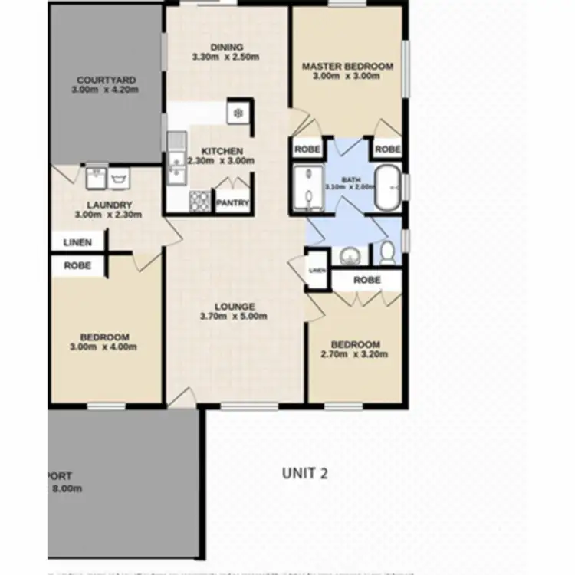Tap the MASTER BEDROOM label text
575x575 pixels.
[x=347, y=67]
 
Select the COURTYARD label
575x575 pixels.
[x=107, y=80]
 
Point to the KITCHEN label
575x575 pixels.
[x=222, y=151]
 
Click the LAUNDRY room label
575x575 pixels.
[x=110, y=205]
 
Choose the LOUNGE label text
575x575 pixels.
[x=235, y=307]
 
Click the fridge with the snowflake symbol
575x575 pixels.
[x=238, y=113]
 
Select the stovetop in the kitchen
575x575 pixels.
[x=199, y=201]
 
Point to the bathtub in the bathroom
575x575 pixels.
[x=386, y=186]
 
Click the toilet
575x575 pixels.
[x=388, y=251]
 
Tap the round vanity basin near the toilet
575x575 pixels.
[x=350, y=255]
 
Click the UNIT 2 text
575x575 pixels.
[x=304, y=473]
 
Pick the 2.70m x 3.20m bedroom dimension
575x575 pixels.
[x=355, y=354]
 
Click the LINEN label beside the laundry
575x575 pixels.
[x=77, y=242]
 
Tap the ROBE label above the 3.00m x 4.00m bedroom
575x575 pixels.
[x=77, y=266]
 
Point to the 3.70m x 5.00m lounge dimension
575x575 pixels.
[x=235, y=316]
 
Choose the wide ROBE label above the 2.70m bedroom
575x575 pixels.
[x=366, y=281]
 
